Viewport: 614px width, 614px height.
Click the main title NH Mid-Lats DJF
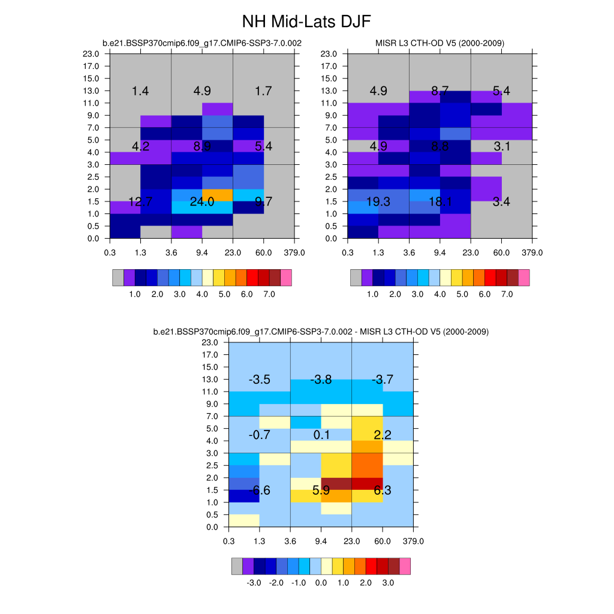click(306, 22)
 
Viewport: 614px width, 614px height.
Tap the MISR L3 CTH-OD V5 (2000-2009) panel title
click(440, 43)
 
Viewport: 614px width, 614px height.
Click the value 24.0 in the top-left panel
click(202, 201)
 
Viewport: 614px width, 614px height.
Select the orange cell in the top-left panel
click(217, 195)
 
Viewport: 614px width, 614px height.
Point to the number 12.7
click(140, 201)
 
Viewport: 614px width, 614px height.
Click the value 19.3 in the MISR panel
click(378, 201)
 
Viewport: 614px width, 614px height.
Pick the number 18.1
click(440, 201)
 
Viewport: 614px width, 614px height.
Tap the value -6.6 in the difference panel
click(260, 490)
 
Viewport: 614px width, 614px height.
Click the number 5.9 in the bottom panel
click(321, 490)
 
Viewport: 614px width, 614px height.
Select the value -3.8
click(321, 380)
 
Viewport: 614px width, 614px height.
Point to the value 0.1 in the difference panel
click(321, 435)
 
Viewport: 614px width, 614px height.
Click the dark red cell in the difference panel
click(336, 484)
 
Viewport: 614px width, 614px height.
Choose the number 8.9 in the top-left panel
click(202, 146)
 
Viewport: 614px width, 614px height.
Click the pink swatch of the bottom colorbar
click(405, 567)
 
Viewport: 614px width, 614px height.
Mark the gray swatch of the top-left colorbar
click(118, 278)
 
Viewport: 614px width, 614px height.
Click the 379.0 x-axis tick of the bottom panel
click(414, 541)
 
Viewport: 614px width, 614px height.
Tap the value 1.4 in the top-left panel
click(140, 91)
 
